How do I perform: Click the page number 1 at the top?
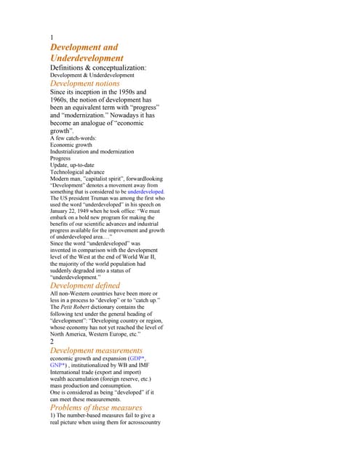tap(52, 37)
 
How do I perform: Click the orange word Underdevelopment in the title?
tap(87, 57)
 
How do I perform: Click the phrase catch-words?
tap(79, 138)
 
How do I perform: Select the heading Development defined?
tap(84, 286)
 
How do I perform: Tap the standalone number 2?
tap(52, 341)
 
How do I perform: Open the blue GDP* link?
tap(137, 359)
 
